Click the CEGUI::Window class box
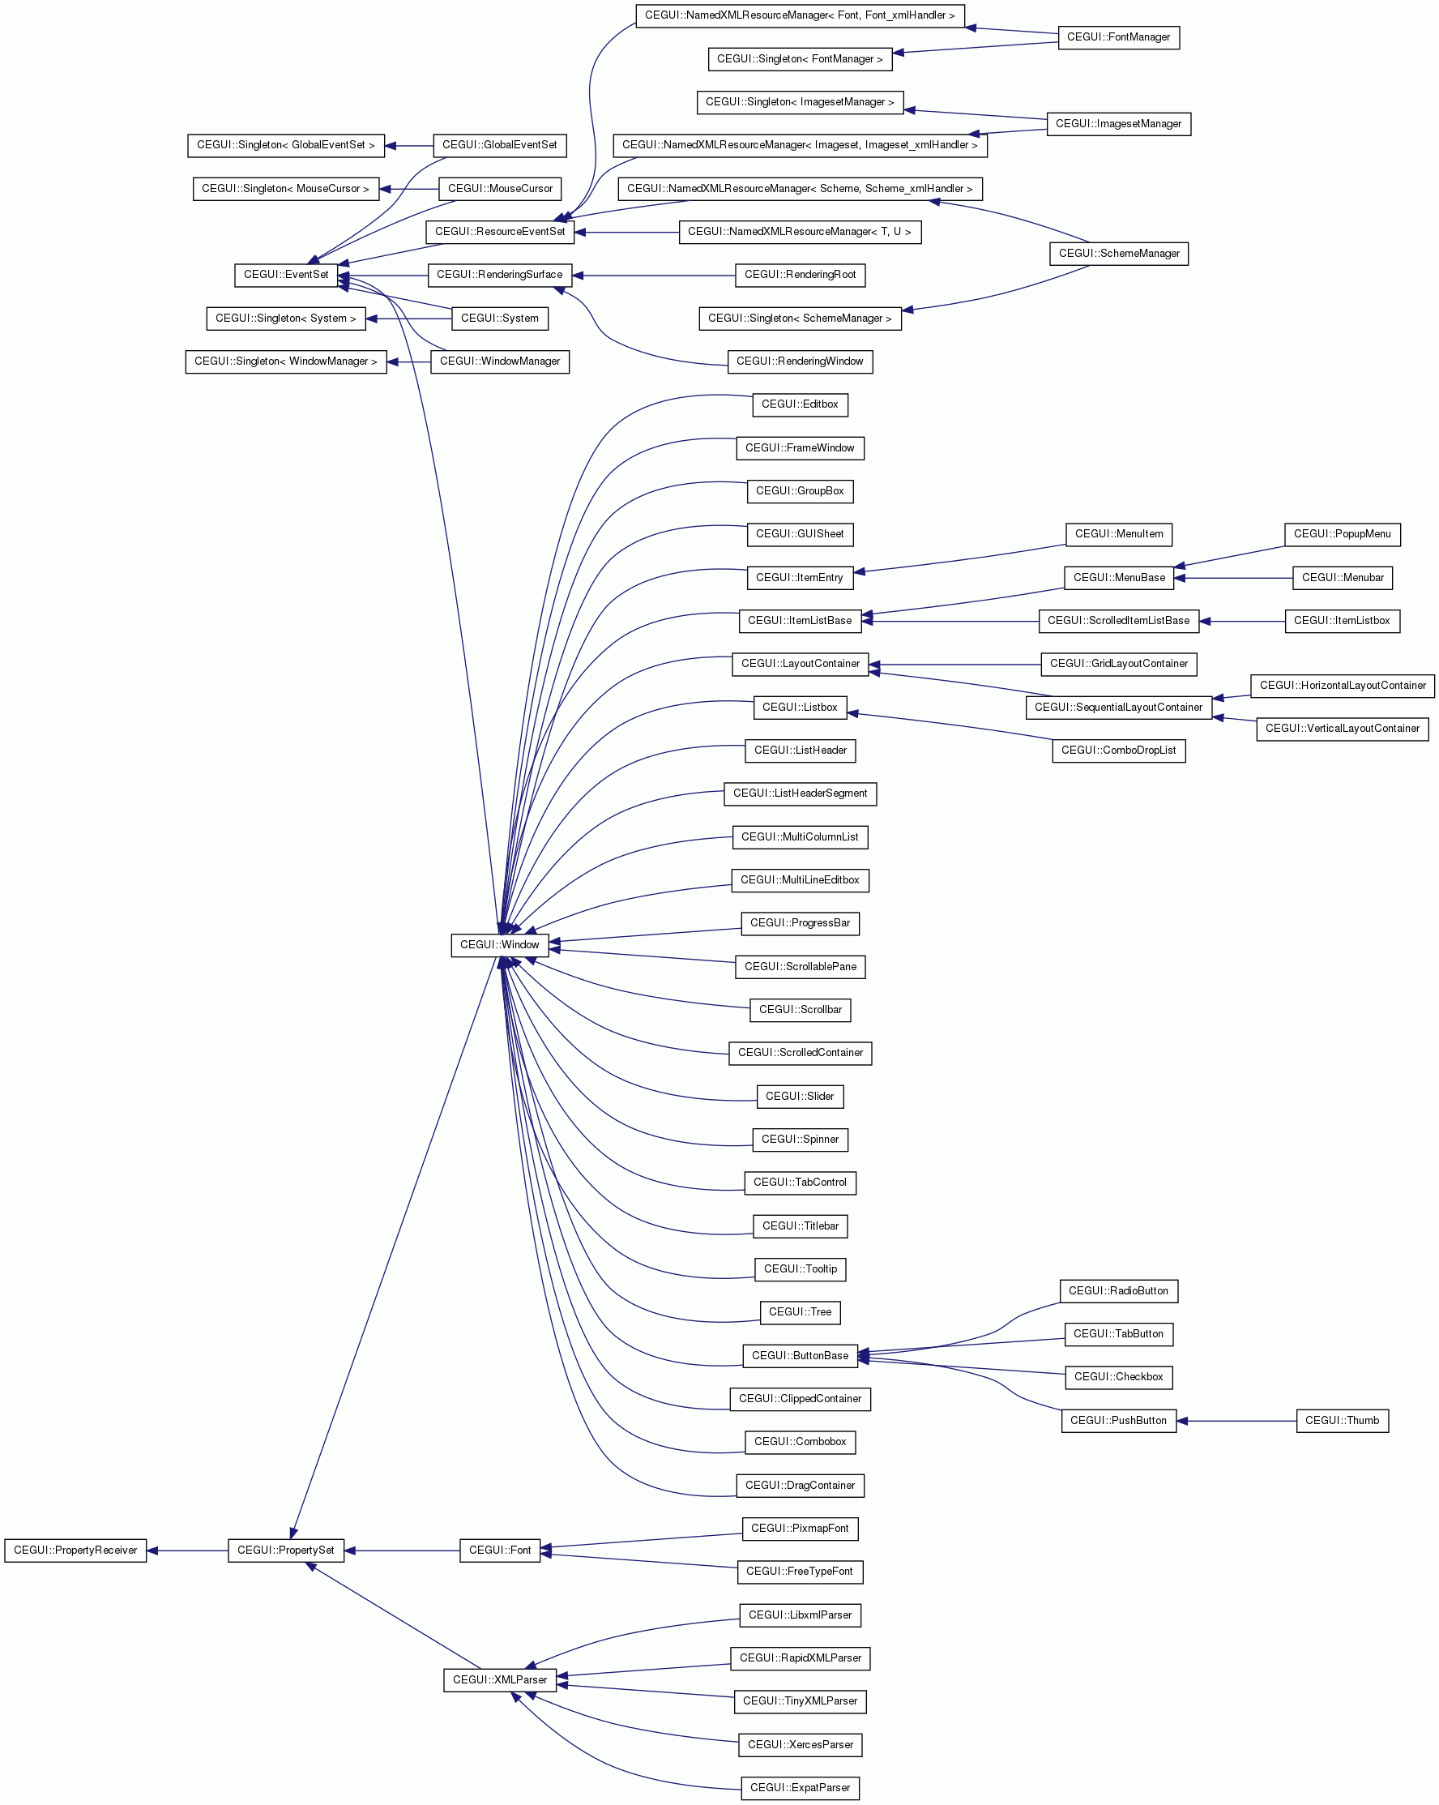pos(500,945)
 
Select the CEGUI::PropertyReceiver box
pos(75,1551)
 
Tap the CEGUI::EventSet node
pos(286,275)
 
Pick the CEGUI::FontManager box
pos(1118,37)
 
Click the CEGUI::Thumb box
pos(1342,1421)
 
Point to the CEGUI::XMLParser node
pos(500,1680)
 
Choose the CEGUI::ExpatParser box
pos(800,1788)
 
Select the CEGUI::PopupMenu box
pos(1342,534)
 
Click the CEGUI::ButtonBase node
pos(800,1356)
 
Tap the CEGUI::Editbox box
pos(800,404)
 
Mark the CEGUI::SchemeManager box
pos(1118,254)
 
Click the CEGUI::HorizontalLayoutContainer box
pos(1343,686)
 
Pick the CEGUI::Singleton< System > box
pos(285,319)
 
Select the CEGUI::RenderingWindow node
pos(800,361)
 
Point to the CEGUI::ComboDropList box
pos(1118,751)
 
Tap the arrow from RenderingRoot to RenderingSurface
pos(654,276)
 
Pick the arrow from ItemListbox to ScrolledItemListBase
pos(1242,621)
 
